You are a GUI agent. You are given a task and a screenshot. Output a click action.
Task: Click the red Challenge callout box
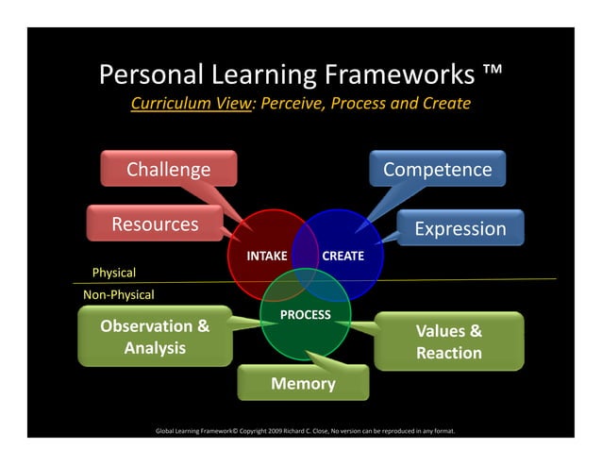[x=168, y=170]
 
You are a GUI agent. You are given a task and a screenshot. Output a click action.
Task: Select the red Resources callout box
[x=156, y=224]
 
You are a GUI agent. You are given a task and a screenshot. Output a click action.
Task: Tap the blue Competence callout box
[x=437, y=170]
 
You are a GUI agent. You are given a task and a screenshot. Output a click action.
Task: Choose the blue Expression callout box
[x=460, y=229]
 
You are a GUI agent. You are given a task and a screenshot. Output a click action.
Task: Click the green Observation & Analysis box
[x=156, y=337]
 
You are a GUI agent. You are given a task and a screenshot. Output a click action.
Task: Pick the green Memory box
[x=303, y=384]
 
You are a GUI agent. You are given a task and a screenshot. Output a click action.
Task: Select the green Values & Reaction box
[x=449, y=341]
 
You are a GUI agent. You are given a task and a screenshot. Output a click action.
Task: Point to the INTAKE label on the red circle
[x=267, y=256]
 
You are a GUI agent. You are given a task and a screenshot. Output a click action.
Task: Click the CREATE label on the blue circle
[x=343, y=256]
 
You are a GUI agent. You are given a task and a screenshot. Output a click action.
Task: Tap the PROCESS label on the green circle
[x=305, y=314]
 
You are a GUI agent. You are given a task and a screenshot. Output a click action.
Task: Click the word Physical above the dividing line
[x=113, y=273]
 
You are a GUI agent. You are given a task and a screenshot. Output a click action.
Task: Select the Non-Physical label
[x=119, y=294]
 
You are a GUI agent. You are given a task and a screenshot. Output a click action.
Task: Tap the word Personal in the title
[x=151, y=75]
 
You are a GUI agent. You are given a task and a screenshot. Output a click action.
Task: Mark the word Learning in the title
[x=259, y=75]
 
